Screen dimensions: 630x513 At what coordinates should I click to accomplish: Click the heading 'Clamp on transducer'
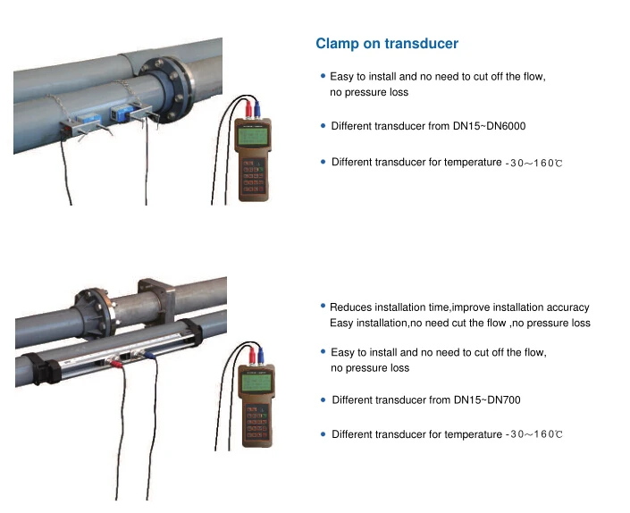tap(387, 44)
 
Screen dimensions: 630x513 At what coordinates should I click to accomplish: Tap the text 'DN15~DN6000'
tap(489, 126)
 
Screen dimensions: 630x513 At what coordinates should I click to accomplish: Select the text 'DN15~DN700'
tap(487, 400)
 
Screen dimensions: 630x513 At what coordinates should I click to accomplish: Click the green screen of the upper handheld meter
tap(254, 136)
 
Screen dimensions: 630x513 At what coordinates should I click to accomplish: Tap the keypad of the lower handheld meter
tap(256, 422)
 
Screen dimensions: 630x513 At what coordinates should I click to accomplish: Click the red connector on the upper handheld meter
tap(248, 109)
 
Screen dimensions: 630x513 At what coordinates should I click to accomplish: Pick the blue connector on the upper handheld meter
tap(257, 110)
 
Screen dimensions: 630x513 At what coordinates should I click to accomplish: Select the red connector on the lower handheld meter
tap(252, 356)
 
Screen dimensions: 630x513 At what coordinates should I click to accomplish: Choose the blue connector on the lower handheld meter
tap(261, 356)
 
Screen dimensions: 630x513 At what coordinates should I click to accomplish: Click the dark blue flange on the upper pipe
tap(167, 89)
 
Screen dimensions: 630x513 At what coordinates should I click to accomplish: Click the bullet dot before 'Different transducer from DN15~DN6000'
tap(323, 126)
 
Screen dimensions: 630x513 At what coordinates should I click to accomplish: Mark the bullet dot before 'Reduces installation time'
tap(323, 307)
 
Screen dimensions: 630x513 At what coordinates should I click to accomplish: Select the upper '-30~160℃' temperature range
tap(533, 163)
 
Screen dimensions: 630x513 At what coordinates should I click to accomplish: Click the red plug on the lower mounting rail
tap(116, 364)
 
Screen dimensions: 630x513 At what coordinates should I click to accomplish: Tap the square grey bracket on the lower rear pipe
tap(156, 299)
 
